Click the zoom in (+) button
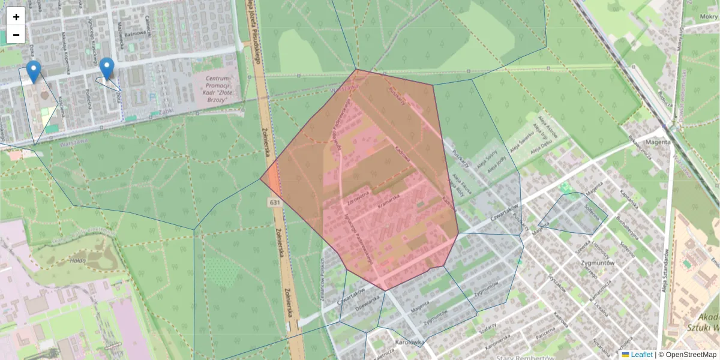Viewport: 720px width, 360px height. coord(16,17)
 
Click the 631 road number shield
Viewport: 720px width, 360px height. coord(275,203)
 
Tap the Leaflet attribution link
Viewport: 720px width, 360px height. coord(641,355)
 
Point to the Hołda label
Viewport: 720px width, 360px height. coord(77,261)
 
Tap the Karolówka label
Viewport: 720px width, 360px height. coord(410,343)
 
